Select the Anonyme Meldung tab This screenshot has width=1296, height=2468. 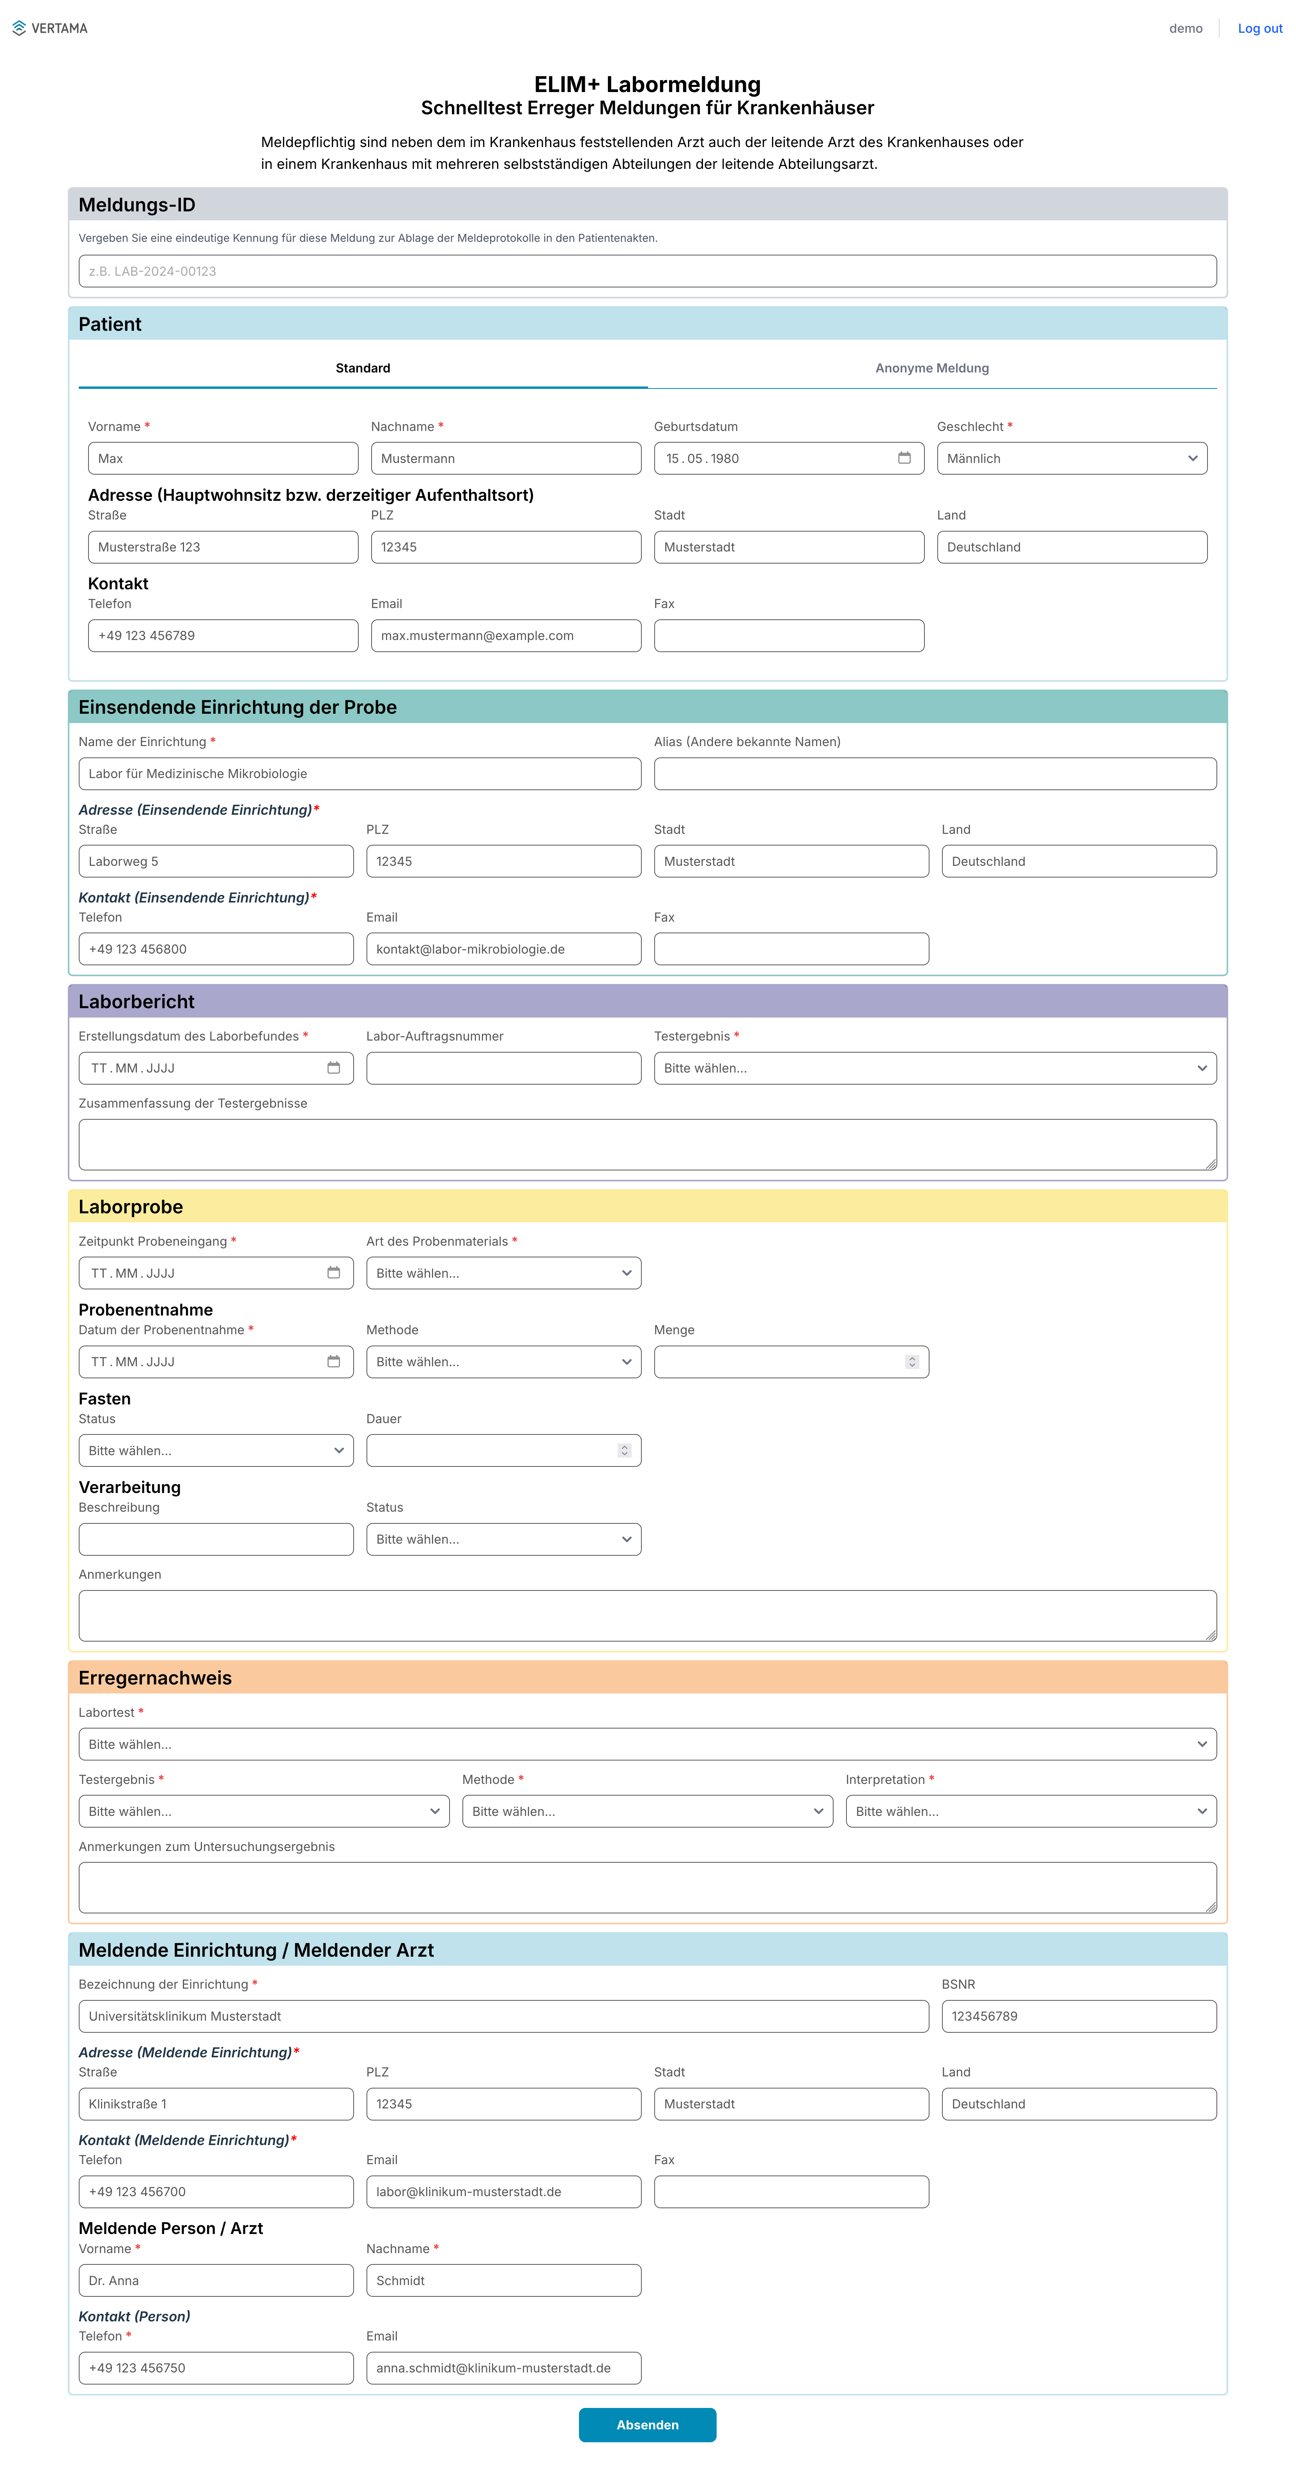(x=931, y=368)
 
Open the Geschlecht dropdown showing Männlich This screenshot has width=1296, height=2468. (x=1071, y=458)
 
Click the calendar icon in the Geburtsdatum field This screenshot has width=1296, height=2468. (x=903, y=458)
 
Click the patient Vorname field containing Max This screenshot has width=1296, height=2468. (x=222, y=458)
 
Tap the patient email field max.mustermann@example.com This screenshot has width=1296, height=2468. (x=505, y=635)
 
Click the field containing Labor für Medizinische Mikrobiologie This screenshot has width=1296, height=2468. (x=359, y=773)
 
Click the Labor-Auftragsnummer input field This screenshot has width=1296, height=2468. (x=503, y=1067)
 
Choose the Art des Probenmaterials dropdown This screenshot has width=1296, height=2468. (x=503, y=1272)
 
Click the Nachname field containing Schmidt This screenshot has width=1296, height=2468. (x=503, y=2280)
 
